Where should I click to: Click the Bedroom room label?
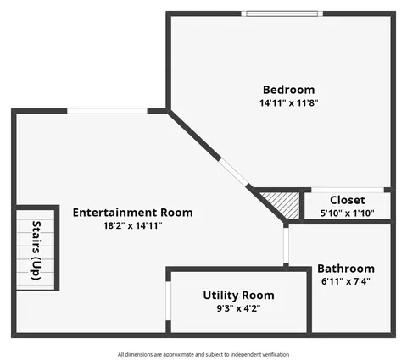click(288, 90)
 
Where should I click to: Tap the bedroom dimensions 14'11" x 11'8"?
click(289, 102)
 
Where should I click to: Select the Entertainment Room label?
click(132, 213)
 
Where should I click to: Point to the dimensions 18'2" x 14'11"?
click(132, 225)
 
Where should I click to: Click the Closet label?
click(348, 200)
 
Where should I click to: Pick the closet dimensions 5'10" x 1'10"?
click(348, 213)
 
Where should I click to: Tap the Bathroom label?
click(346, 269)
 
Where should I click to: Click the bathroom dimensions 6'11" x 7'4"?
click(346, 281)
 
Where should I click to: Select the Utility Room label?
click(238, 296)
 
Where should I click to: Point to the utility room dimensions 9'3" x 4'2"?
click(238, 308)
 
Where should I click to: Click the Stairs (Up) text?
click(36, 250)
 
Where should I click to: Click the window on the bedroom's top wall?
click(282, 14)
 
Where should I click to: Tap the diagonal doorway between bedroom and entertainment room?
click(233, 172)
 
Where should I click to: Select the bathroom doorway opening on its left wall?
click(286, 246)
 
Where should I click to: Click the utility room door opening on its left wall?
click(168, 301)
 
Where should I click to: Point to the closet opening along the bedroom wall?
click(348, 190)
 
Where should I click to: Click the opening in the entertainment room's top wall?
click(107, 111)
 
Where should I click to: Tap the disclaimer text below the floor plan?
click(203, 354)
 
